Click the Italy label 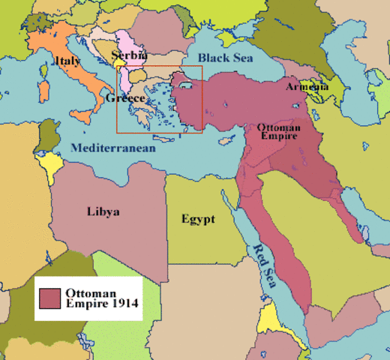point(67,60)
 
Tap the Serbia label point(129,55)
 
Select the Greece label point(125,98)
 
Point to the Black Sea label point(225,57)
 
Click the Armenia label point(307,87)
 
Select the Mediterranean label point(113,148)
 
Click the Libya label point(103,211)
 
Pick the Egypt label point(198,219)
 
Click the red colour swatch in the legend point(50,298)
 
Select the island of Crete point(163,139)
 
